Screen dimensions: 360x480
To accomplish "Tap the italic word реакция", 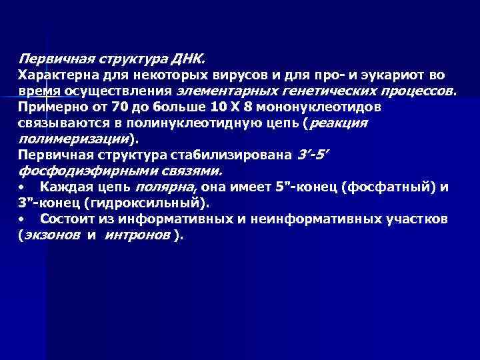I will pyautogui.click(x=339, y=123).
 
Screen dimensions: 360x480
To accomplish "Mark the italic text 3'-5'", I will pyautogui.click(x=313, y=155).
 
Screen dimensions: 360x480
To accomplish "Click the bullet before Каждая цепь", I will pyautogui.click(x=22, y=187).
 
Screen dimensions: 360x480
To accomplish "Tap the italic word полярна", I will pyautogui.click(x=159, y=187).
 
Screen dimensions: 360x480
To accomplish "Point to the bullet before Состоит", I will pyautogui.click(x=22, y=219).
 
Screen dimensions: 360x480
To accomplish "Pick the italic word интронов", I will pyautogui.click(x=137, y=235).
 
